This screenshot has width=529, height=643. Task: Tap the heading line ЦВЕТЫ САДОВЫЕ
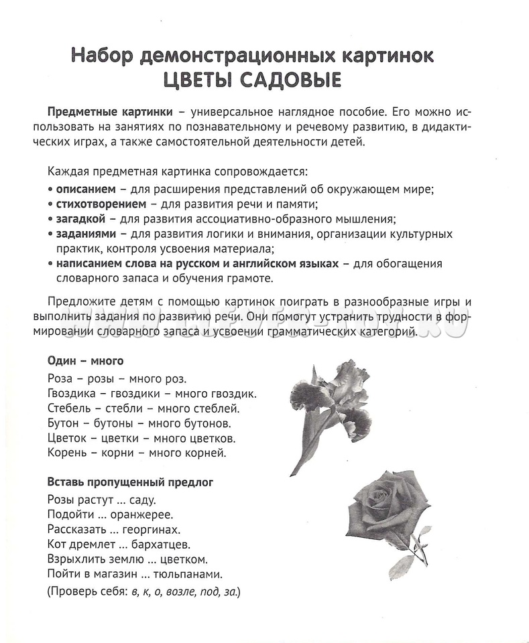coord(252,81)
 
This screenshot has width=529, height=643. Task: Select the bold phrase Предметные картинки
coord(110,111)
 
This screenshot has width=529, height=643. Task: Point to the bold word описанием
coord(85,189)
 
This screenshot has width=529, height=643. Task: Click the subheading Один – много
coord(85,361)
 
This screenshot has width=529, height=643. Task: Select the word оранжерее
coord(140,514)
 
